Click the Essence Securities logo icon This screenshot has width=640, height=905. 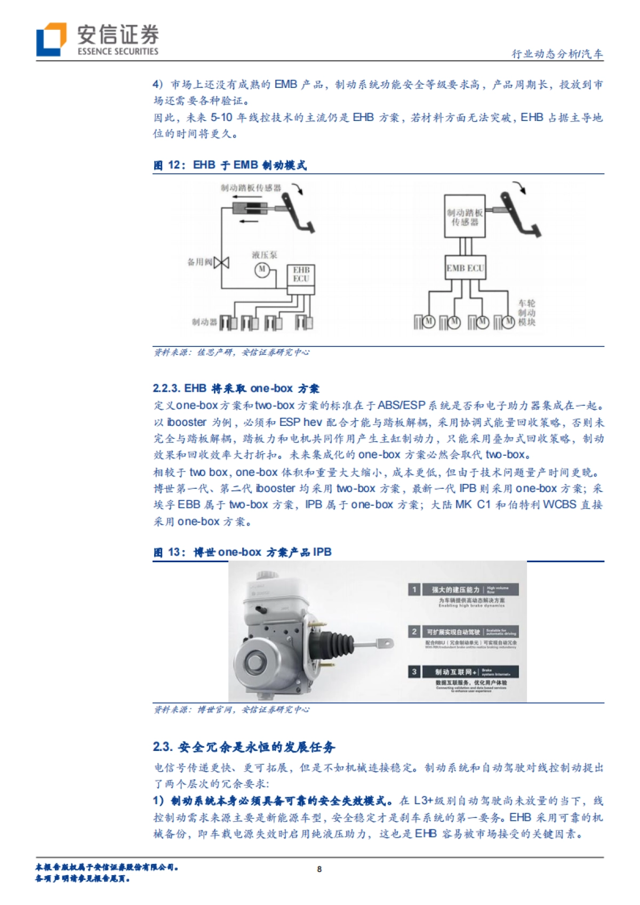[51, 39]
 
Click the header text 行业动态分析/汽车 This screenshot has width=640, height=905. [557, 54]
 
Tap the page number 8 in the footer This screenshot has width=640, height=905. [319, 869]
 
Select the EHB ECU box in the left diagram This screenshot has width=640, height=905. [301, 275]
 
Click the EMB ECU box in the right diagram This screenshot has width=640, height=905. [466, 268]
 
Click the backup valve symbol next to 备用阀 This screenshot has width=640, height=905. [221, 262]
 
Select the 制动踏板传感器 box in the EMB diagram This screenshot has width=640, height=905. [465, 216]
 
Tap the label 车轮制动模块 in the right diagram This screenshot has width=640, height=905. [526, 313]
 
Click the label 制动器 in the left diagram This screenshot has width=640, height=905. [204, 322]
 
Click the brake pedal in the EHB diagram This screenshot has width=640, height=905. [297, 213]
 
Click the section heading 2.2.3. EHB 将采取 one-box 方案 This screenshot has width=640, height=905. [236, 389]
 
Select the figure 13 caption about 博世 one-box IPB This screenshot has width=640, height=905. [243, 552]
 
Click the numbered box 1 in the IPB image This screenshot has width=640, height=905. [414, 589]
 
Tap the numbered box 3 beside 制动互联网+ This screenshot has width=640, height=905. [414, 672]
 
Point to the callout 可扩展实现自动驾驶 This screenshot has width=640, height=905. [453, 632]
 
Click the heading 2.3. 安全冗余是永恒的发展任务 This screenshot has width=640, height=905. [244, 747]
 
